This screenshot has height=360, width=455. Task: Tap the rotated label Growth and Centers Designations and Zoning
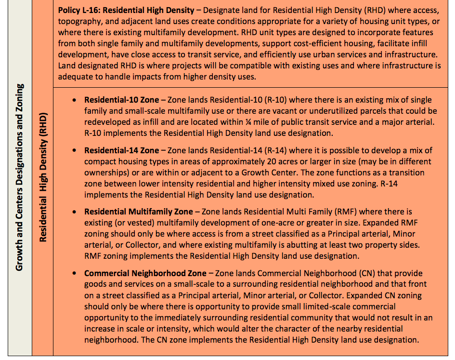(x=20, y=177)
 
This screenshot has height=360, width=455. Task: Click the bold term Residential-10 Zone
(x=121, y=100)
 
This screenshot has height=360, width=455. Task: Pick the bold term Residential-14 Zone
(x=121, y=151)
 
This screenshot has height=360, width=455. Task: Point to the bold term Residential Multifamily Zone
(x=138, y=212)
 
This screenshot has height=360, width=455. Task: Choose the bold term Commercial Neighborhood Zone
(x=145, y=273)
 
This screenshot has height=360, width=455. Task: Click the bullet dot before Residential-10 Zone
(x=74, y=100)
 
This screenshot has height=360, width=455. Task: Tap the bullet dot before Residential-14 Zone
(x=74, y=151)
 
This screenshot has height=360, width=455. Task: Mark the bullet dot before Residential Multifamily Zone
(x=74, y=212)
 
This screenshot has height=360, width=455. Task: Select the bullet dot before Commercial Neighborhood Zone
(x=74, y=273)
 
